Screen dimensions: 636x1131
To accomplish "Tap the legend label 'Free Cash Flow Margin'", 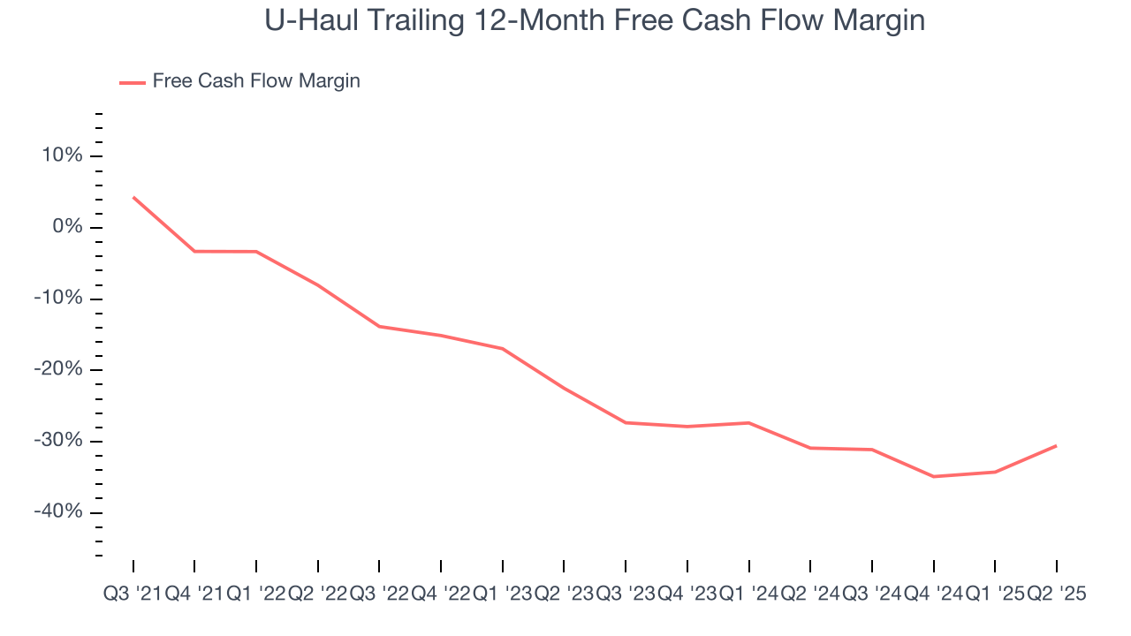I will point(256,81).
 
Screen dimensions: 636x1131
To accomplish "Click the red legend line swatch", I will point(133,82).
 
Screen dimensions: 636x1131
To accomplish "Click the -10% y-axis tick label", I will point(57,299).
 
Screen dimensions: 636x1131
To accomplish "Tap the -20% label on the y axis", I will point(57,370).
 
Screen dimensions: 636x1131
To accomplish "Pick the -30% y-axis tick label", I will point(57,441).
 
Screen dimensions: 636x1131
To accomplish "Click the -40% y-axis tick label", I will point(57,512).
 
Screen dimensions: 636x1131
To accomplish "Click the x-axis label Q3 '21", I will point(132,594).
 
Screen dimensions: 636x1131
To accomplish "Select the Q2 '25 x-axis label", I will point(1056,594).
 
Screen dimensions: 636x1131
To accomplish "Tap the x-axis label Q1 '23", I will point(502,594).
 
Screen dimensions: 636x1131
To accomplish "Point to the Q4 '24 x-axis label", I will point(933,594).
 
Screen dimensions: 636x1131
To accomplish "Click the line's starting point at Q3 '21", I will point(133,197).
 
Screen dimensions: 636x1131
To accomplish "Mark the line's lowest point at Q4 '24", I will point(934,477).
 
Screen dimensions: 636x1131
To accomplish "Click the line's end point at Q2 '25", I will point(1057,445).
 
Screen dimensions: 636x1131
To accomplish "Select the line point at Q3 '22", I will point(379,327).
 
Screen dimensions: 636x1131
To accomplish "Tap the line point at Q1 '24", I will point(749,423).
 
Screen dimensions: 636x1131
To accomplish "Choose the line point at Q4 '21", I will point(194,251).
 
